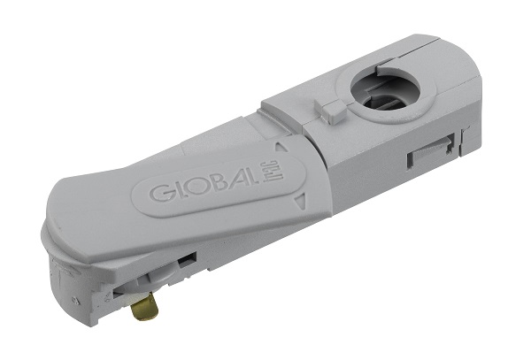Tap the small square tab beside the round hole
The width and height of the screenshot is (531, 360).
(333, 111)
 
